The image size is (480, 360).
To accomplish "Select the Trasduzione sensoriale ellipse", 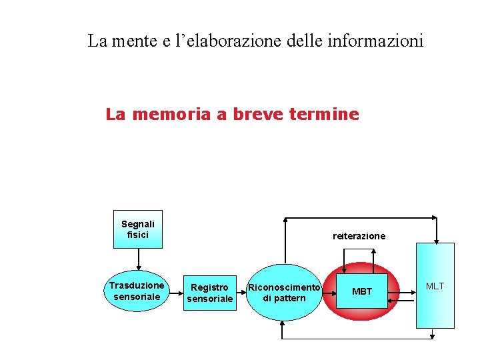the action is [137, 291].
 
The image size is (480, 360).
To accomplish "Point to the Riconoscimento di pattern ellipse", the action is [284, 292].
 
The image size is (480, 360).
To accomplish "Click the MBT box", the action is [361, 291].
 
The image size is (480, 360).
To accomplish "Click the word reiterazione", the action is [359, 236].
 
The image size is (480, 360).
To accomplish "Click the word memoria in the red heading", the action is [173, 115].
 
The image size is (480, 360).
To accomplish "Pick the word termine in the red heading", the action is [327, 115].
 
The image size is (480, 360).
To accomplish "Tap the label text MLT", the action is [435, 286].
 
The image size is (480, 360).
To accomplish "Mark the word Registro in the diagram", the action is [209, 287].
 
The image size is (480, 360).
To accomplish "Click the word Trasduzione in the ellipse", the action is [137, 285].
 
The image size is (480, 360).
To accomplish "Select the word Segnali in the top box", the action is [138, 224].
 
